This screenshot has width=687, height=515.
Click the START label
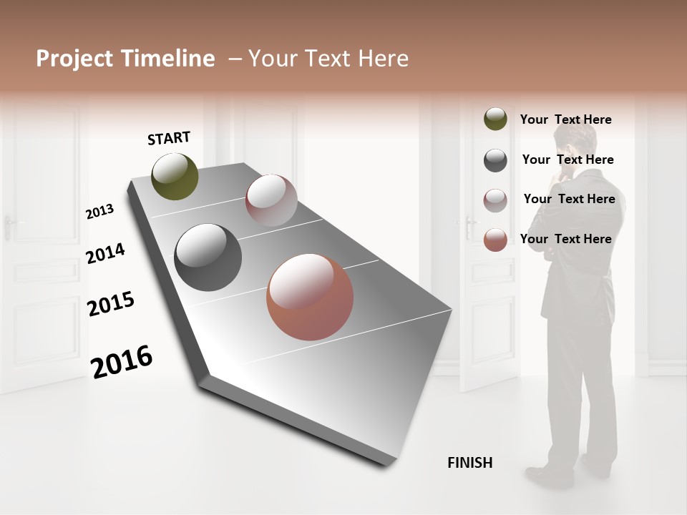pyautogui.click(x=169, y=138)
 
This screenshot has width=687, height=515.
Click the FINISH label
pyautogui.click(x=470, y=463)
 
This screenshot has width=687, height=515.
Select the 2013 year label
pyautogui.click(x=99, y=212)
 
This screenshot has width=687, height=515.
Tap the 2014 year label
pyautogui.click(x=105, y=253)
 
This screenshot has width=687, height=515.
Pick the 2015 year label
pyautogui.click(x=111, y=304)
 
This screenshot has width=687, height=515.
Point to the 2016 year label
pyautogui.click(x=122, y=362)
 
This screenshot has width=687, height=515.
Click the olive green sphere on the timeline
pyautogui.click(x=175, y=177)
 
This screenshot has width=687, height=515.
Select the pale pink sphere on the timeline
pyautogui.click(x=271, y=200)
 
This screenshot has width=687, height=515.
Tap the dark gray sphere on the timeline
pyautogui.click(x=208, y=257)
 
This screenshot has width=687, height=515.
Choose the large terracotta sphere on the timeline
pyautogui.click(x=310, y=297)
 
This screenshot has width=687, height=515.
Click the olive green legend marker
pyautogui.click(x=495, y=119)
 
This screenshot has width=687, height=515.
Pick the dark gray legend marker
pyautogui.click(x=495, y=160)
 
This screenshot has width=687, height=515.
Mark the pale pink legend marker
pyautogui.click(x=495, y=200)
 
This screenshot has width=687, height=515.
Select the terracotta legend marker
pyautogui.click(x=495, y=240)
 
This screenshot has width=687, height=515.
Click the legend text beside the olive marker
pyautogui.click(x=565, y=119)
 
